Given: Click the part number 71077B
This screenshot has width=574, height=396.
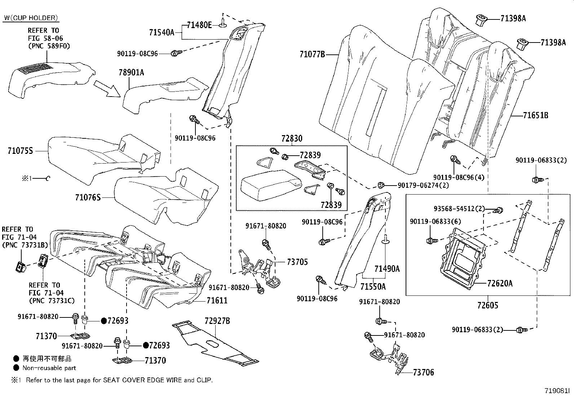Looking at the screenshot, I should pos(312,54).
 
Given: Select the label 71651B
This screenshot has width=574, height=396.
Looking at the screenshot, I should pos(535,115).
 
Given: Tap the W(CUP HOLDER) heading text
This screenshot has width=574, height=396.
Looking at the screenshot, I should pos(31,18).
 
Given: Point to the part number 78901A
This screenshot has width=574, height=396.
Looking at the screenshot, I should pos(131,72).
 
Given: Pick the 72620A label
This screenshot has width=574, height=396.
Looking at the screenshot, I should pos(499,283).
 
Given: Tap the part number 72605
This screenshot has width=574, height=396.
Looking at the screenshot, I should pos(487,305).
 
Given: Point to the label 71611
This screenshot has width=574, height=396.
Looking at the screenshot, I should pos(217,300).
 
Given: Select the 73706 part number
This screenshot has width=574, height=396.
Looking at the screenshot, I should pos(423,372).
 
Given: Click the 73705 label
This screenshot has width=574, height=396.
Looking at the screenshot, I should pos(297,262).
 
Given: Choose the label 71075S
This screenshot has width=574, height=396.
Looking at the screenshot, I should pos(20,151).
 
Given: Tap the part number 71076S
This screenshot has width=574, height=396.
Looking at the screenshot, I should pos(88,197).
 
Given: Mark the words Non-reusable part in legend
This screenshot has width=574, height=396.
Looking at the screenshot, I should pos(49,368).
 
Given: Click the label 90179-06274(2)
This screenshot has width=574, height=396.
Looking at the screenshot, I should pos(423,185).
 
